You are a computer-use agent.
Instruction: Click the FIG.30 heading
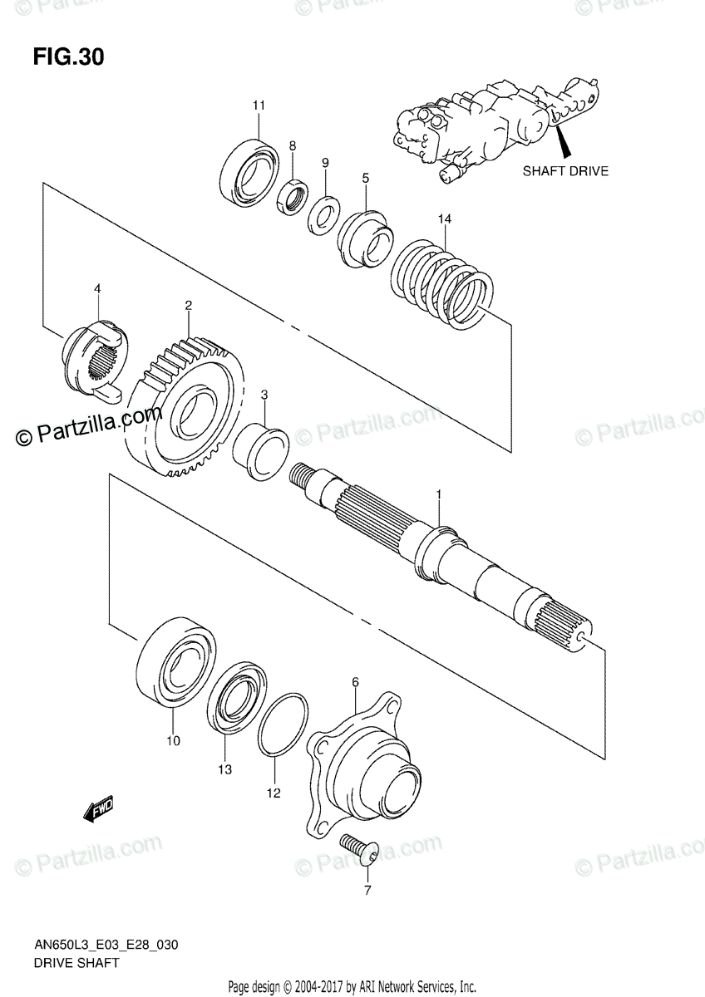(x=69, y=57)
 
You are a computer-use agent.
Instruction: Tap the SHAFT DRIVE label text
(x=565, y=171)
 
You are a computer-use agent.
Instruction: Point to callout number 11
(x=259, y=105)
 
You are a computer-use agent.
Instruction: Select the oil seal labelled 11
(x=249, y=173)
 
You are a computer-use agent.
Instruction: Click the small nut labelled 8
(x=293, y=197)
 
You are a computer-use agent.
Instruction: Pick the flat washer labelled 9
(x=323, y=214)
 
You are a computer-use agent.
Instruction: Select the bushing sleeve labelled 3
(x=259, y=449)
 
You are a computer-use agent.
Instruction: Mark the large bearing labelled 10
(x=177, y=661)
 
